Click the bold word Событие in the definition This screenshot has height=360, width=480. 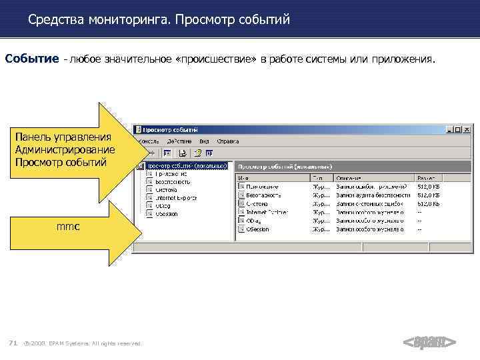31,59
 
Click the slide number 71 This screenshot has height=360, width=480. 12,343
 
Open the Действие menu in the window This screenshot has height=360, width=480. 179,141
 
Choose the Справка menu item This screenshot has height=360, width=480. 229,141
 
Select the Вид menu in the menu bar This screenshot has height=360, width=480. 204,141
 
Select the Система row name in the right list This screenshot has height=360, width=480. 257,203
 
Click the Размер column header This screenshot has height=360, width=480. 427,178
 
